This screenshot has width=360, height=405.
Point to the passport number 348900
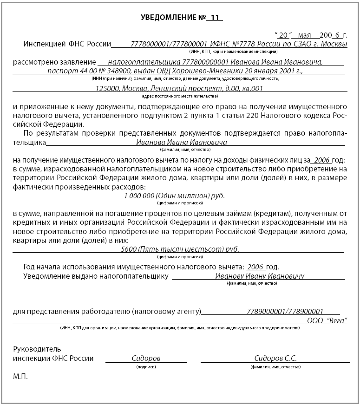tap(117, 72)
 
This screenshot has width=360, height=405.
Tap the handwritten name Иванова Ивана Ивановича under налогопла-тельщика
tap(177, 143)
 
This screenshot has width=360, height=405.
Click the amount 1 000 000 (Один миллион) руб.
tap(174, 196)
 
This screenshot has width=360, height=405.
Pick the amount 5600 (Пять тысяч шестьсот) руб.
tap(180, 249)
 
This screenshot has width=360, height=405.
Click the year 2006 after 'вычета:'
tap(255, 268)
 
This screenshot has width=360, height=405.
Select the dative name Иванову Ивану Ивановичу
tap(260, 276)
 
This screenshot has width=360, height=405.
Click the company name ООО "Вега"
tap(327, 320)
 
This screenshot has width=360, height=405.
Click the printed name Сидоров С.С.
tap(275, 359)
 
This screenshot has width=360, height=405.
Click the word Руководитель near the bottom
tap(37, 349)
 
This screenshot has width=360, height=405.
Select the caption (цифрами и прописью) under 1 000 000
tap(178, 203)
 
